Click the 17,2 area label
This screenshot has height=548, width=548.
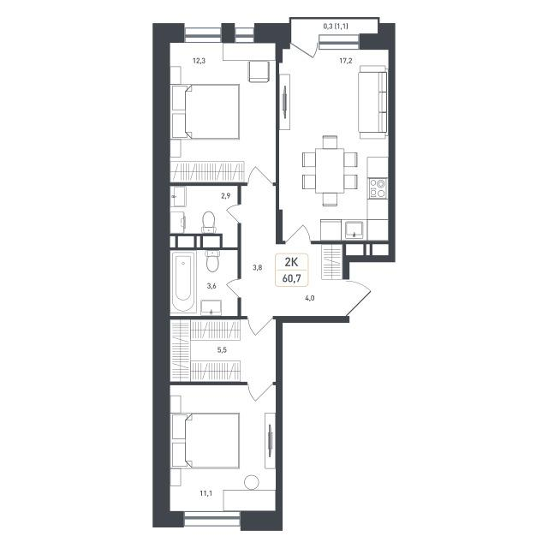click(346, 61)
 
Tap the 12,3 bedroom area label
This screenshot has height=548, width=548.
click(200, 61)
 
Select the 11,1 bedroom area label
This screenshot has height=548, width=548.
click(205, 493)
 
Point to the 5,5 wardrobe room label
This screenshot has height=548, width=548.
click(222, 350)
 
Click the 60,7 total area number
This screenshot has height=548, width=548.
click(291, 278)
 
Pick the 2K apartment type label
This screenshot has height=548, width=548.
click(291, 262)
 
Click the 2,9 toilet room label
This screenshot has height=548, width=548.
click(225, 196)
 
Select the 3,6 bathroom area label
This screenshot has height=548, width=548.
click(211, 286)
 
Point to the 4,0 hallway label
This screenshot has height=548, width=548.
click(310, 298)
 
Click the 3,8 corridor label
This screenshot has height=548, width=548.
click(258, 268)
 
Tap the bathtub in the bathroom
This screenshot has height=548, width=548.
click(183, 282)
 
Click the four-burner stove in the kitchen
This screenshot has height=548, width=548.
click(378, 188)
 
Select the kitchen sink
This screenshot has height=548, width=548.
click(354, 229)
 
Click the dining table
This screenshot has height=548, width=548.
click(330, 170)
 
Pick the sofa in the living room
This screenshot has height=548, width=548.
click(372, 102)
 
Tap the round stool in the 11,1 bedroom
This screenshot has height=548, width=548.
click(252, 482)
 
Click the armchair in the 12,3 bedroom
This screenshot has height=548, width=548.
click(259, 72)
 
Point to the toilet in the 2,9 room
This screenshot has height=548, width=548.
click(209, 223)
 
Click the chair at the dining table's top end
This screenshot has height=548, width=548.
click(330, 142)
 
